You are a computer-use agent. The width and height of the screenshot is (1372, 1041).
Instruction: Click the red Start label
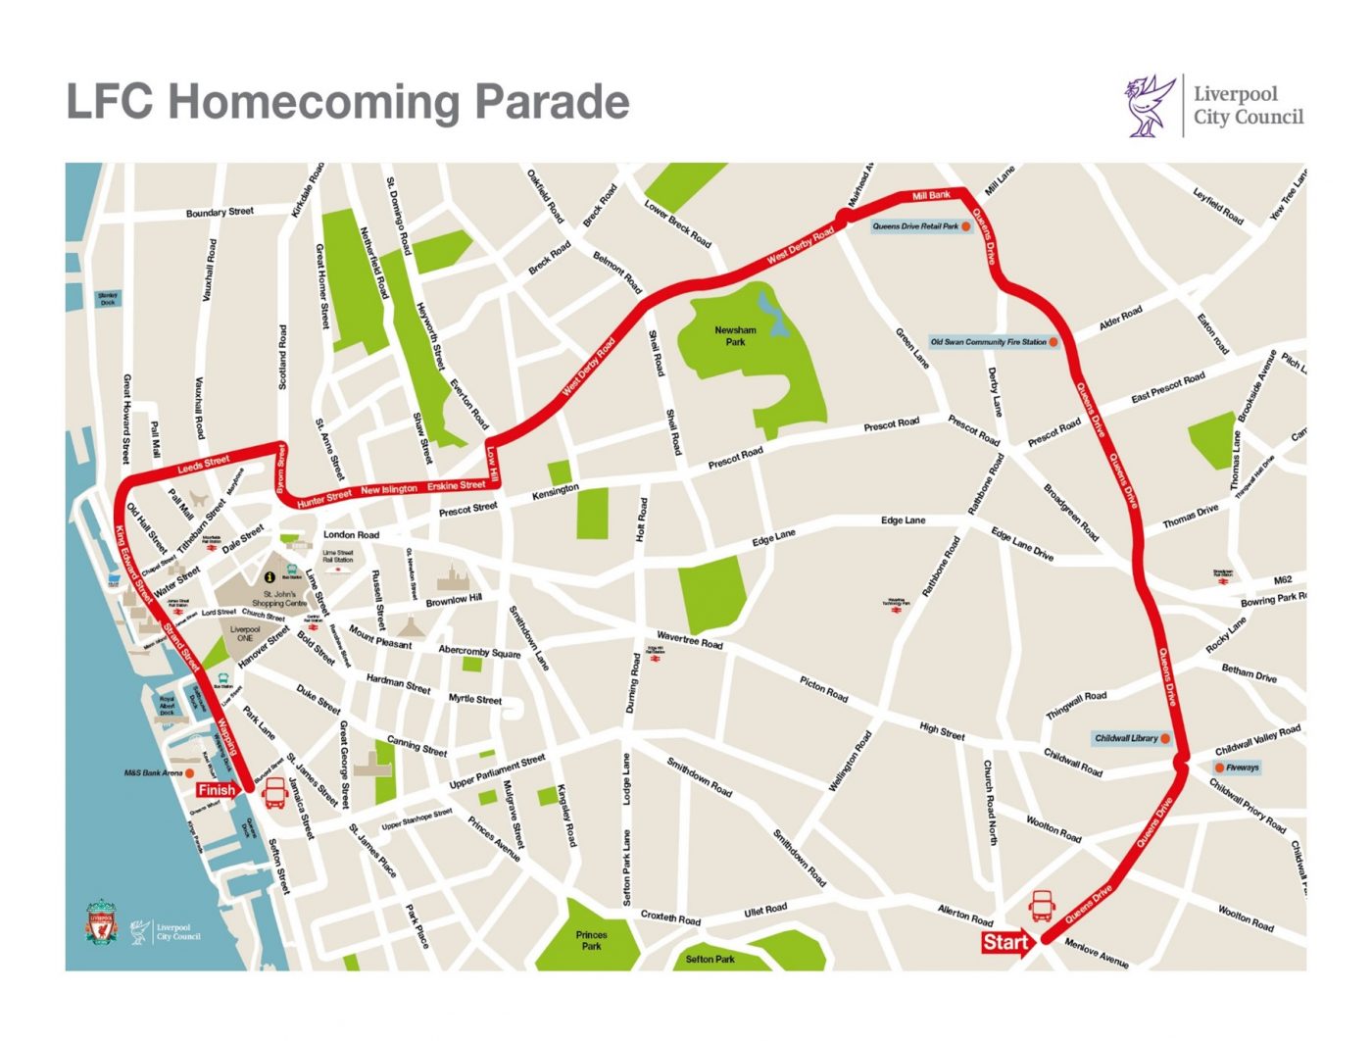tap(1005, 942)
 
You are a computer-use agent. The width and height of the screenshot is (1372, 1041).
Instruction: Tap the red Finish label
tap(217, 790)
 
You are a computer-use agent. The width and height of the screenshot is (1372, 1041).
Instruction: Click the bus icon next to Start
tap(1041, 906)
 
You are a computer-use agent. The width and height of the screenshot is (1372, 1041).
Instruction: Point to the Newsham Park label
tap(735, 336)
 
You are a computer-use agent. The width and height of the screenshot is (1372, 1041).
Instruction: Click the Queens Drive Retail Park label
tap(915, 226)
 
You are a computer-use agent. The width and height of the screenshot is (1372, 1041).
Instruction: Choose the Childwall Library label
tap(1126, 738)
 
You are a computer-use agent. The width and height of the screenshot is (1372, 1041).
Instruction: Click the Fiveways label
tap(1242, 768)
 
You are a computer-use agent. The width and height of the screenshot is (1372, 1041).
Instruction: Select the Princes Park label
tap(591, 941)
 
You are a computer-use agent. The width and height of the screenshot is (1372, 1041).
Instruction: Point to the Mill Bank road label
tap(930, 196)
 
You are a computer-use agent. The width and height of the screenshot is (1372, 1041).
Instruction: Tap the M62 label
tap(1283, 580)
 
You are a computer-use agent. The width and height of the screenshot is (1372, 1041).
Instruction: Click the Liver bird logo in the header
tap(1150, 105)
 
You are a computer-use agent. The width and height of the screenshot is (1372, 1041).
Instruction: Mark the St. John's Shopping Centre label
tap(279, 598)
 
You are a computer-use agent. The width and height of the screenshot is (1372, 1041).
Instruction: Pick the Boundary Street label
tap(220, 212)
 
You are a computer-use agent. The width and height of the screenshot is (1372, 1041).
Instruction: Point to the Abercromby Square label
tap(479, 651)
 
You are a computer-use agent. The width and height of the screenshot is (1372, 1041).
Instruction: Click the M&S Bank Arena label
tap(153, 773)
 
